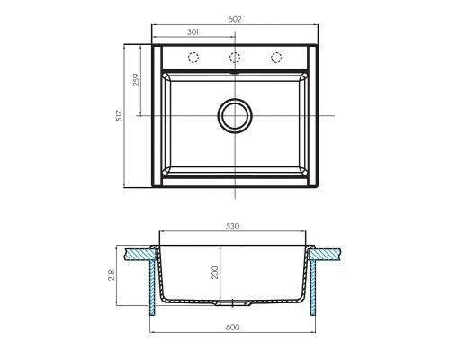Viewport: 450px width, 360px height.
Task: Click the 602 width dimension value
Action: (235, 19)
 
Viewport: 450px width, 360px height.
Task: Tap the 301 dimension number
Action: (193, 32)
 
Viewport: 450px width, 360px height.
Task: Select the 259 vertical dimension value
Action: (136, 80)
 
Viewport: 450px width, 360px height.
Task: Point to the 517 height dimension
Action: (120, 116)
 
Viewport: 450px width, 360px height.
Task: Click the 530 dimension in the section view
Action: (233, 226)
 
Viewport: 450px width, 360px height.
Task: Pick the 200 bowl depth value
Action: (215, 273)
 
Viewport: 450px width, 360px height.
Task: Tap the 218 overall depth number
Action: (112, 275)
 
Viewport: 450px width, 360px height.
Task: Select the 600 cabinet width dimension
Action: (233, 328)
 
